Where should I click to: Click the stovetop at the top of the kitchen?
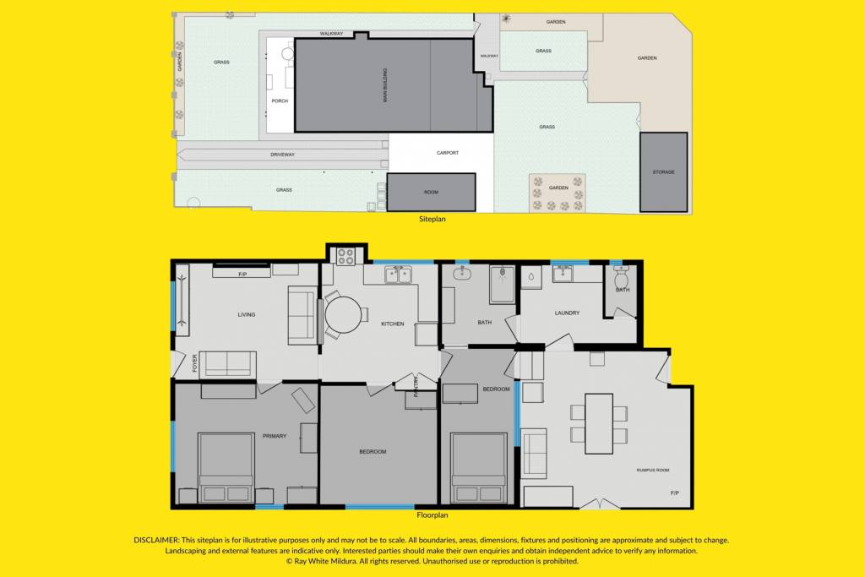point(345,257)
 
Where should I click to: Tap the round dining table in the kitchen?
point(343,315)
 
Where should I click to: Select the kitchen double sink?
point(399,275)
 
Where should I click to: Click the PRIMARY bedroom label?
point(275,436)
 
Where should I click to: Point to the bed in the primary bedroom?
point(226,468)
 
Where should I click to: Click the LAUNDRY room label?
point(567,313)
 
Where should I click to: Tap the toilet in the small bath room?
point(622,275)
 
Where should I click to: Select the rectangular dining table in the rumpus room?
point(599,423)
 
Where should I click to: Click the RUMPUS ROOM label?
point(653,471)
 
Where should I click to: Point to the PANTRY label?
point(416,386)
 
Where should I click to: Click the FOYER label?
point(195,363)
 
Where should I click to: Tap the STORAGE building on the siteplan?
point(664,172)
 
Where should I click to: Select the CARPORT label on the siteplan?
point(448,153)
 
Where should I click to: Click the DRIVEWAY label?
point(282,155)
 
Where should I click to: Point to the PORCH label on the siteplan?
point(280,101)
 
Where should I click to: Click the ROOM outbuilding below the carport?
point(431,192)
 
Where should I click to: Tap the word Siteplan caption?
point(432,219)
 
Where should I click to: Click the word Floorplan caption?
point(432,515)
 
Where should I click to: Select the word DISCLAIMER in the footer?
point(156,540)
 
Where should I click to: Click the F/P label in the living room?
point(242,275)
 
